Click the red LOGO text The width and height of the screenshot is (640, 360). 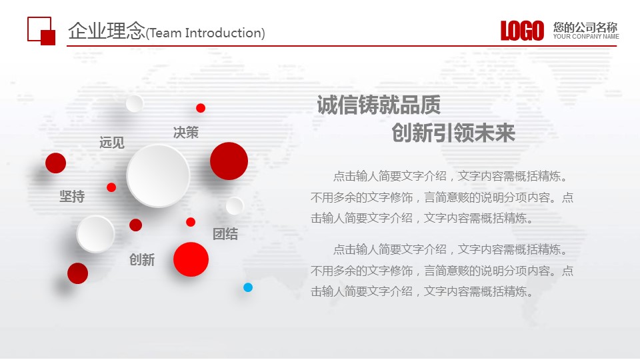522,31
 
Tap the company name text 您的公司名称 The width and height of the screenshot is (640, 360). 585,27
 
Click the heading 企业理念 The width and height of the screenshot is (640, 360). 107,31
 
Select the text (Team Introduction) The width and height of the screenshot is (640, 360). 205,33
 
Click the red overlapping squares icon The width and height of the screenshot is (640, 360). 41,31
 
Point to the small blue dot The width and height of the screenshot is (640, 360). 248,287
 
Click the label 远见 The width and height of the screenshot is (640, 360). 112,143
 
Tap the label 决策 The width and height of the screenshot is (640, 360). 186,132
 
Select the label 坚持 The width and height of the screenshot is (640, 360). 72,196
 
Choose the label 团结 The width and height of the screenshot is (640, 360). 225,234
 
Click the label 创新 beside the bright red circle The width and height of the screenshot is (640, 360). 142,259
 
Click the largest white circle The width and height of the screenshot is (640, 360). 159,175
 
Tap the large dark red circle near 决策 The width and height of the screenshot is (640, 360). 229,161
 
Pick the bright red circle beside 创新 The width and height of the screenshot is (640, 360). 191,259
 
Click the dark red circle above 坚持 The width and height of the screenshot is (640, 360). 55,163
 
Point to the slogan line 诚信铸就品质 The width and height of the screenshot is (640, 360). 379,105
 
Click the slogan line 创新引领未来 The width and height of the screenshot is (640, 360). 453,133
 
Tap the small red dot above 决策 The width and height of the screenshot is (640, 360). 201,108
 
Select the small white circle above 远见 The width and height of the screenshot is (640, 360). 134,103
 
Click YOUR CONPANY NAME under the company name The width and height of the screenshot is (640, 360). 586,36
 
